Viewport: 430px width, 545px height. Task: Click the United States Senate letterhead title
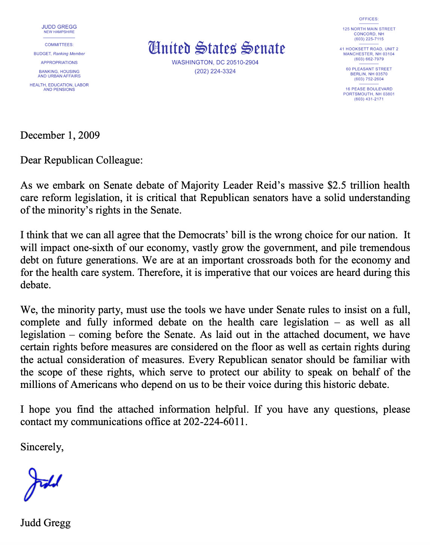[x=217, y=48]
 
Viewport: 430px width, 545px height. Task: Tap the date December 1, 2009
[x=60, y=135]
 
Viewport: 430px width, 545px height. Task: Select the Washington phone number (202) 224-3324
[x=215, y=71]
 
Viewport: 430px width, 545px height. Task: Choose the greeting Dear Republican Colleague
[x=82, y=160]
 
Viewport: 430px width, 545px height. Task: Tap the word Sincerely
[x=42, y=447]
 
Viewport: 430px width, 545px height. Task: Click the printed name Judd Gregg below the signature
[x=45, y=523]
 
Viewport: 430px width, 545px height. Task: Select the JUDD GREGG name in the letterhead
[x=59, y=27]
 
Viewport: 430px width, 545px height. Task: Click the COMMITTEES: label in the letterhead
[x=59, y=45]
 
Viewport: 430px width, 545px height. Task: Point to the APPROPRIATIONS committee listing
[x=59, y=62]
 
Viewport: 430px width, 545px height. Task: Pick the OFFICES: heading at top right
[x=369, y=19]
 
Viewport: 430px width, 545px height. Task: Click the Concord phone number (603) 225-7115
[x=369, y=39]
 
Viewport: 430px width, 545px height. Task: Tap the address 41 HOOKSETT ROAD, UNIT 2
[x=369, y=49]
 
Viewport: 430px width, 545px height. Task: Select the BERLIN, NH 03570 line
[x=369, y=74]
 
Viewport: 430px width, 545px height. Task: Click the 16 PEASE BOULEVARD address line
[x=369, y=89]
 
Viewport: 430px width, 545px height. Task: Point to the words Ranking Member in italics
[x=69, y=54]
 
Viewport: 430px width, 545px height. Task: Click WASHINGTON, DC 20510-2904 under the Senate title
[x=215, y=62]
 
